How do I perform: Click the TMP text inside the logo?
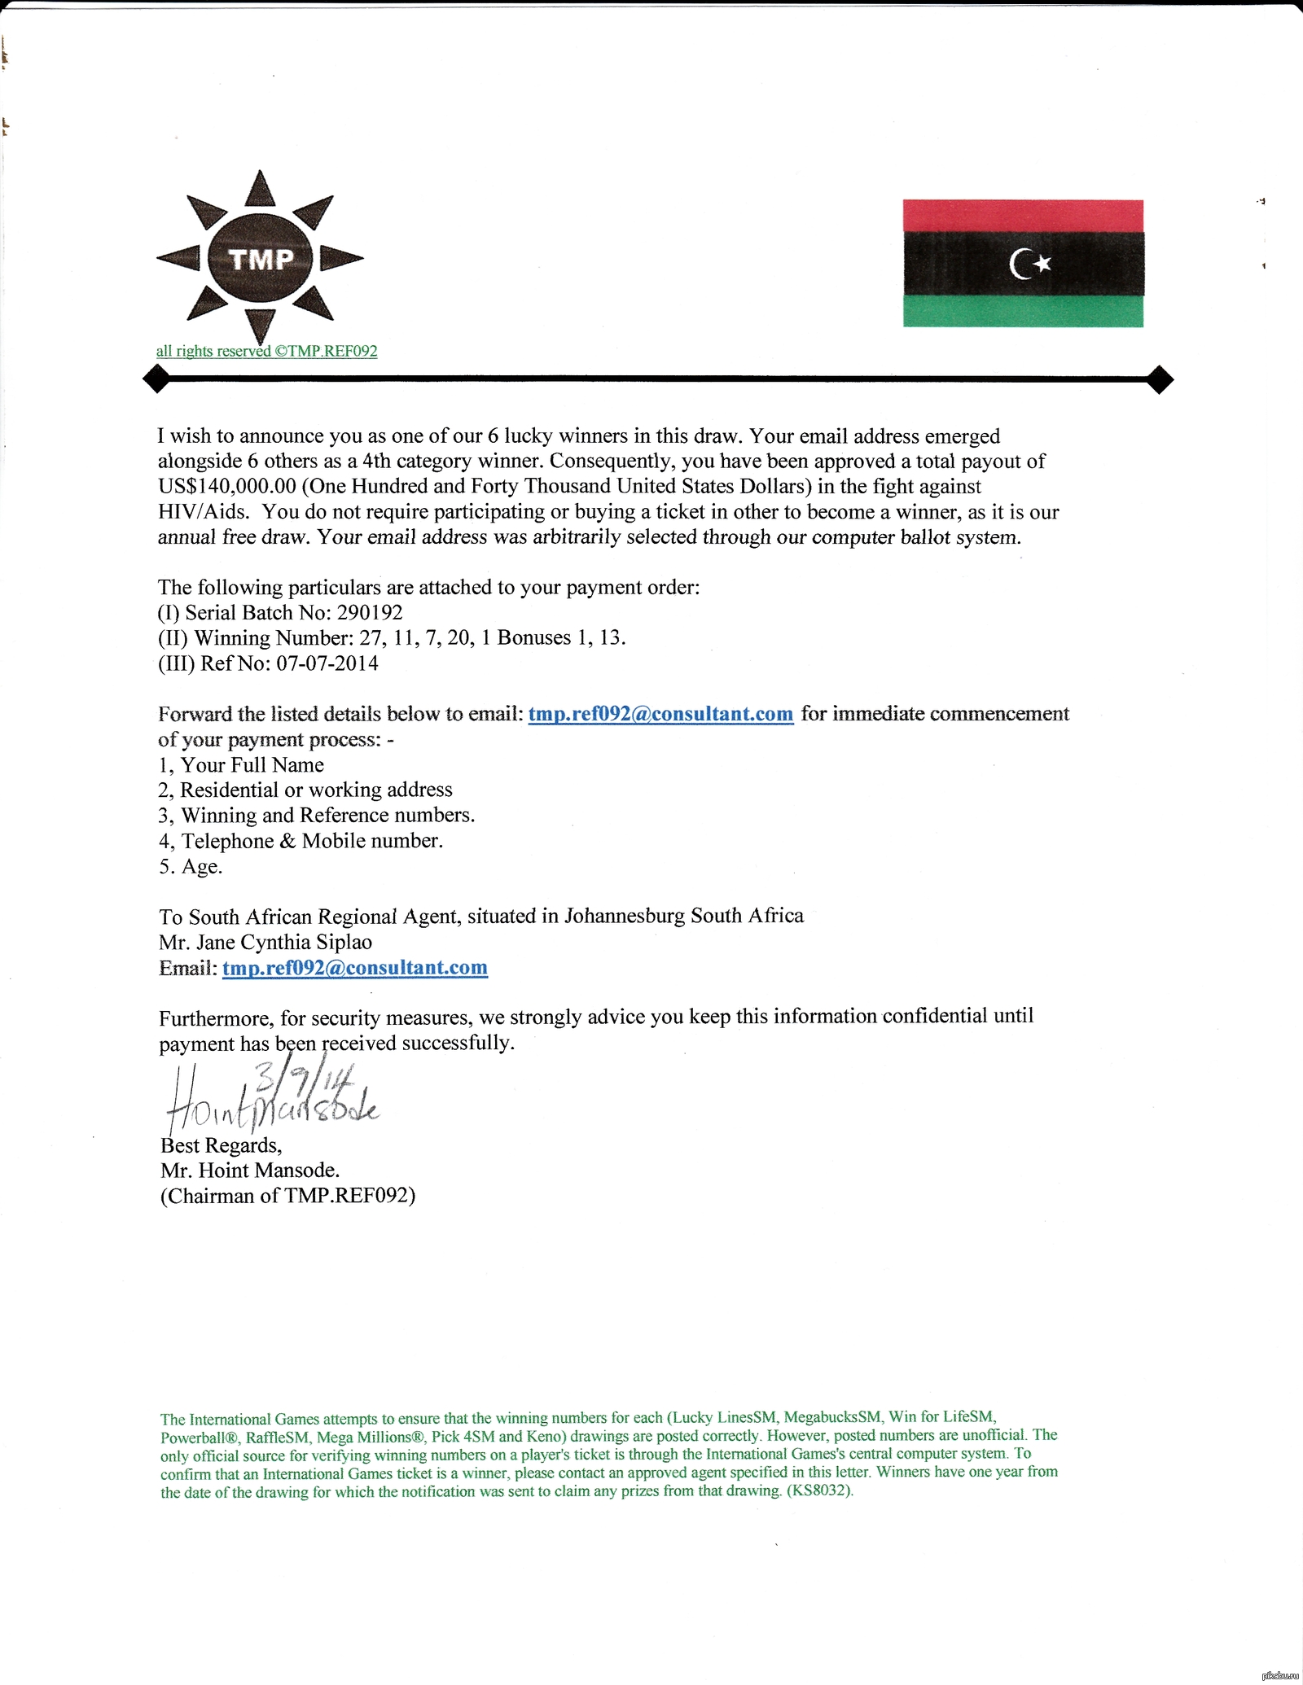click(261, 259)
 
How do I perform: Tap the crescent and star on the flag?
click(1030, 264)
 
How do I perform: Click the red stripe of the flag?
click(1023, 216)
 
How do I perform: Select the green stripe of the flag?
click(1023, 311)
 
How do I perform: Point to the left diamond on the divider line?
click(156, 379)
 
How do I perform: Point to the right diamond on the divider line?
click(1160, 379)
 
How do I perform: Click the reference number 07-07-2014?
click(327, 663)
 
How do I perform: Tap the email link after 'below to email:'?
click(660, 714)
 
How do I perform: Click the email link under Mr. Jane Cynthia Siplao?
click(355, 968)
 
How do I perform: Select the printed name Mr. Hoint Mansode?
click(250, 1171)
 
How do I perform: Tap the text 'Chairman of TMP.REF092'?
click(288, 1196)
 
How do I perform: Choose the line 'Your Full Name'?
click(252, 765)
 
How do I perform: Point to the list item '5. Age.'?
click(191, 867)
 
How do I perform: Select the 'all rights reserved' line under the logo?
click(266, 352)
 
